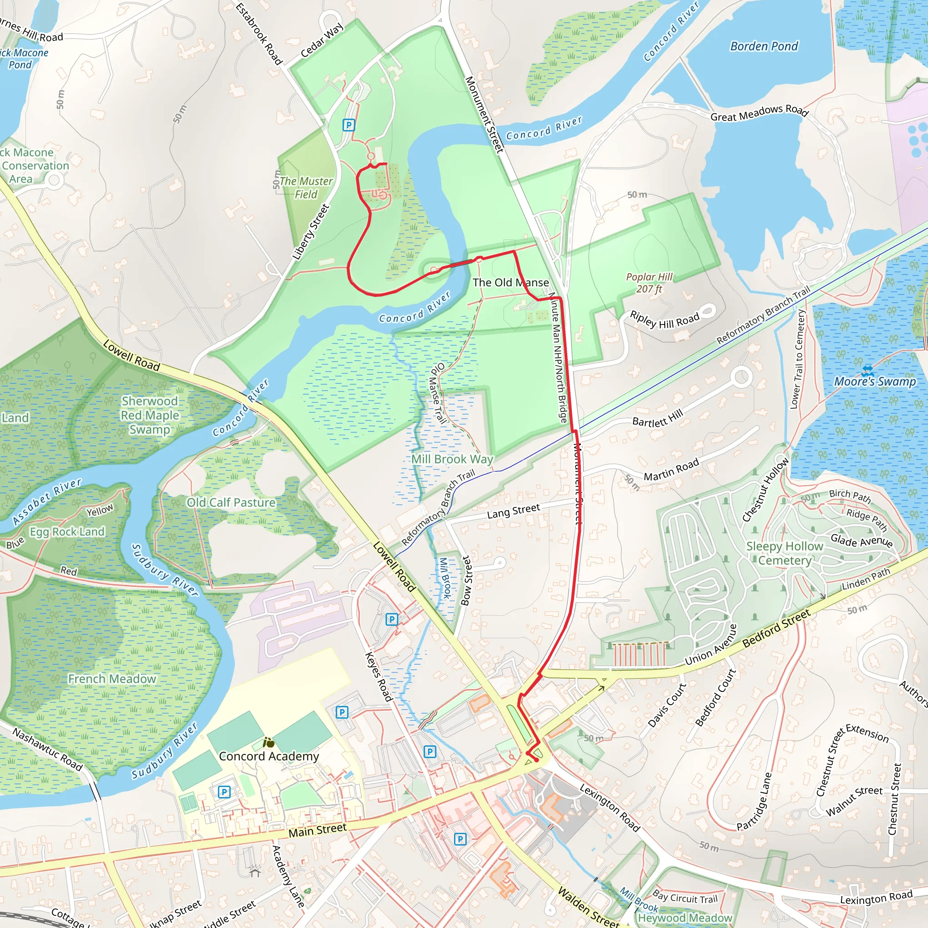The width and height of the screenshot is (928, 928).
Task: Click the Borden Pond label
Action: [x=764, y=47]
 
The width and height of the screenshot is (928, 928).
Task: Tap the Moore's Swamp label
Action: [x=875, y=382]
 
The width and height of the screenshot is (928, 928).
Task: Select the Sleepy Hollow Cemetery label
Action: [x=784, y=553]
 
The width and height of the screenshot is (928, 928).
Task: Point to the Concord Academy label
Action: [x=269, y=756]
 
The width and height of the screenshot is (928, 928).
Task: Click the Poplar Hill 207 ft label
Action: [x=649, y=283]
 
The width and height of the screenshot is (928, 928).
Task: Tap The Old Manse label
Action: [x=511, y=282]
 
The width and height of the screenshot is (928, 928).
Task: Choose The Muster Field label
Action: [x=306, y=188]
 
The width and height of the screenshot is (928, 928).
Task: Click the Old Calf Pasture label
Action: [x=231, y=503]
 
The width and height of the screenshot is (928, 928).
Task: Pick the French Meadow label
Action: [x=112, y=679]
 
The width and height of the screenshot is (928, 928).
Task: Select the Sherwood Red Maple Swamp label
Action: [x=150, y=415]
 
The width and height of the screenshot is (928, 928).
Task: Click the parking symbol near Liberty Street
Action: [x=349, y=126]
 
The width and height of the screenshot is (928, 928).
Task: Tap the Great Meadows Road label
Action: [x=759, y=113]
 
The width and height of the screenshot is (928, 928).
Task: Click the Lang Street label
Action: [x=513, y=511]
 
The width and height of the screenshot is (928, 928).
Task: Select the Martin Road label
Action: [x=671, y=470]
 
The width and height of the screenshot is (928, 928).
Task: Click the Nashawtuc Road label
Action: [x=48, y=749]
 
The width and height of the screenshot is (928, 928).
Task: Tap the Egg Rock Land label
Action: [x=67, y=532]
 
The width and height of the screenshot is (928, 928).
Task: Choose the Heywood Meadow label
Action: [x=685, y=918]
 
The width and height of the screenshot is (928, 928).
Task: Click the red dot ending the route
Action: [x=536, y=760]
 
